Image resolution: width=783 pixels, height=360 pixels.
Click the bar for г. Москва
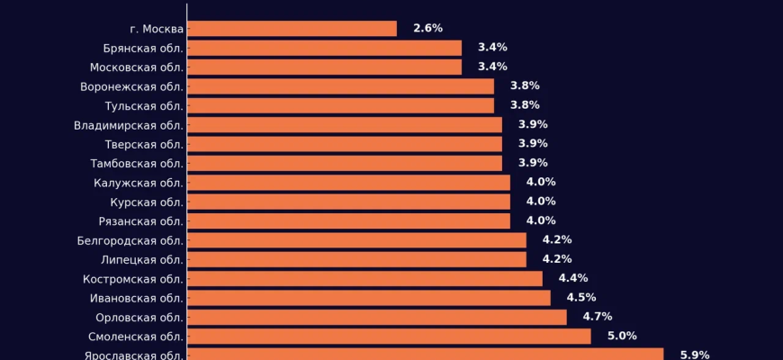tap(292, 29)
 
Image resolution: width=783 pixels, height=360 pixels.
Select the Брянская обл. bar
tap(324, 48)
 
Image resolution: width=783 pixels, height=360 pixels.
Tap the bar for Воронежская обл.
tap(340, 86)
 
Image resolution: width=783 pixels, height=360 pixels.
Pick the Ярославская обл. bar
tap(425, 355)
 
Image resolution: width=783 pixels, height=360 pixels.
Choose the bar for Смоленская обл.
tap(389, 337)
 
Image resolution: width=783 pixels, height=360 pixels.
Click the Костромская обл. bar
tap(364, 279)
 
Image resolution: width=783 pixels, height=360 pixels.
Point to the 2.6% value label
tap(427, 29)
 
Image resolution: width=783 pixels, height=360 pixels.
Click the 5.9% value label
tap(694, 355)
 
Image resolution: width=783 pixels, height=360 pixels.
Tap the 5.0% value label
tap(622, 337)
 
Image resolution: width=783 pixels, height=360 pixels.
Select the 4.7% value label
tap(598, 317)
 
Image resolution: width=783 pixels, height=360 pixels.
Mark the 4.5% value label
tap(581, 298)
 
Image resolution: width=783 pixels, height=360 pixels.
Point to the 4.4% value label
tap(573, 279)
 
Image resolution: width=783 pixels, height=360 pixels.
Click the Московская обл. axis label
tap(137, 67)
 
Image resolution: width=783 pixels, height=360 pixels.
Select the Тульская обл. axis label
tap(144, 105)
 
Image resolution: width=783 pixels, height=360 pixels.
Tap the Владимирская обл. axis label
tap(129, 125)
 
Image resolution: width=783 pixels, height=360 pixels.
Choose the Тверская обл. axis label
tap(144, 144)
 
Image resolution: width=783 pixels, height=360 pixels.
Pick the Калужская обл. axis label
tap(139, 183)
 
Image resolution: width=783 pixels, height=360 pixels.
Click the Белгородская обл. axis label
tap(130, 240)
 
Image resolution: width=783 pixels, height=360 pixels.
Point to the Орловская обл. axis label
tap(139, 317)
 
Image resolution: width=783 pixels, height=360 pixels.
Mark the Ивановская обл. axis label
tap(137, 298)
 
